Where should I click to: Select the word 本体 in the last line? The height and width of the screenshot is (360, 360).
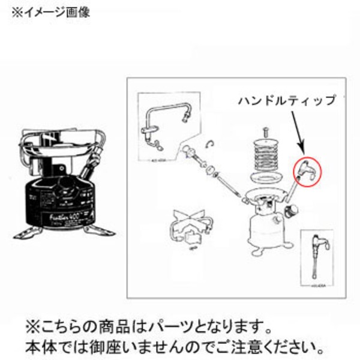tap(38, 347)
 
